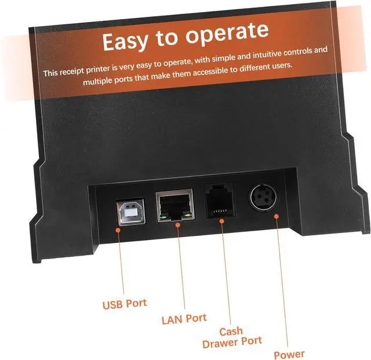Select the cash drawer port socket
(219, 199)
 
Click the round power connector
(264, 199)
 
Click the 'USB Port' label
(125, 303)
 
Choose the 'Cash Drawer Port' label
(232, 337)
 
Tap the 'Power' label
(289, 354)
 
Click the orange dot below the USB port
(118, 230)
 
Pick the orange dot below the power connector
(276, 216)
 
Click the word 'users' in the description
(281, 66)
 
